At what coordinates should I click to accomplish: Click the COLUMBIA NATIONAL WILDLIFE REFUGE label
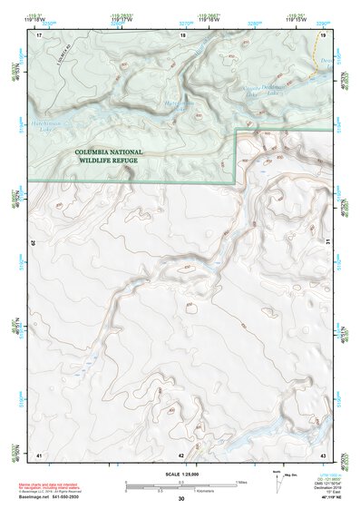pos(121,156)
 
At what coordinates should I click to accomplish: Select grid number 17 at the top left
pos(40,35)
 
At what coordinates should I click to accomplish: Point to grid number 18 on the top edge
pos(183,35)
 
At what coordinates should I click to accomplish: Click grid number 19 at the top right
pos(323,35)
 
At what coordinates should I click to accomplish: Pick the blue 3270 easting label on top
pos(185,24)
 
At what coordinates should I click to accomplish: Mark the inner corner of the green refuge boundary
pos(238,131)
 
